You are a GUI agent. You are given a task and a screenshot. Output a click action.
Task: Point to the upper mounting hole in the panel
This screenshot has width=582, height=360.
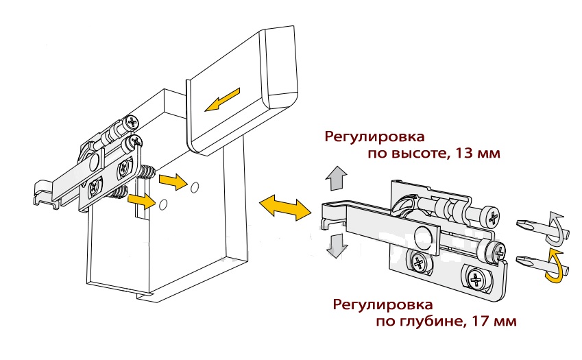click(194, 187)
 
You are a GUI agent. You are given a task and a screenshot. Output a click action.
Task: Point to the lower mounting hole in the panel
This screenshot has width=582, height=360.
click(163, 204)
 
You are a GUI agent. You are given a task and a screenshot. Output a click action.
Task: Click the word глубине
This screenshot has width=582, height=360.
click(432, 322)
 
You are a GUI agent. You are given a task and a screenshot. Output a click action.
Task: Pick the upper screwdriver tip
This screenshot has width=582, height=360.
click(526, 224)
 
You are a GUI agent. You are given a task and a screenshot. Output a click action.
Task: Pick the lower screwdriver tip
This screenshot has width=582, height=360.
click(526, 259)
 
